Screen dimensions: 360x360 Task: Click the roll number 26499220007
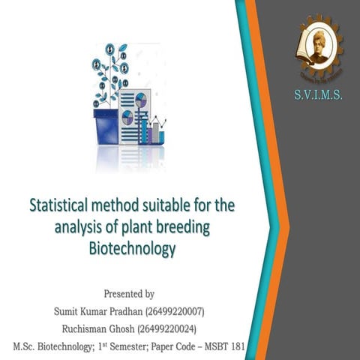(178, 310)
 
